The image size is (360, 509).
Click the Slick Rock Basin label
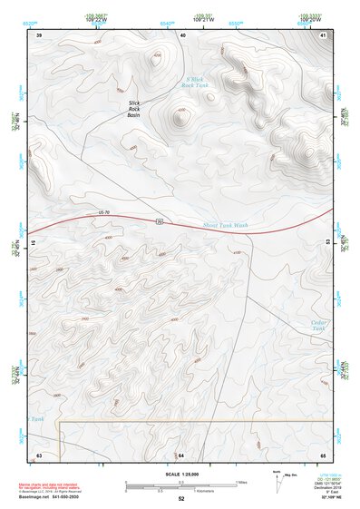(134, 109)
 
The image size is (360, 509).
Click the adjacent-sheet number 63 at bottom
(39, 454)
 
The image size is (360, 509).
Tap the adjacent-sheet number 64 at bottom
(180, 454)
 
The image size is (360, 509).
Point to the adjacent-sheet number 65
(323, 454)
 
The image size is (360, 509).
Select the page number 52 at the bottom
(180, 499)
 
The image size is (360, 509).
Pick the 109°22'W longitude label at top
(97, 19)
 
